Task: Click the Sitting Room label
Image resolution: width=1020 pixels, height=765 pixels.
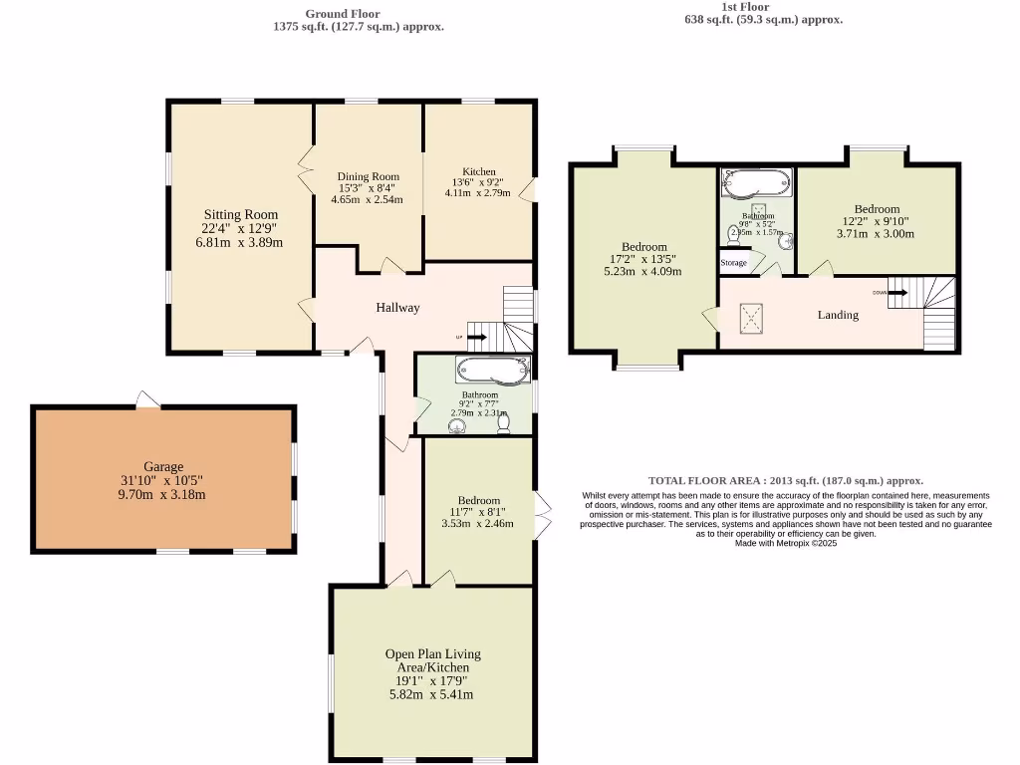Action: pyautogui.click(x=241, y=214)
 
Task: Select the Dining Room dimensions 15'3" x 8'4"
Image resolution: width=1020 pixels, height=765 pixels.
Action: pyautogui.click(x=367, y=187)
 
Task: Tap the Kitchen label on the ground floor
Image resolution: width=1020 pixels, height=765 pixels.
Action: pyautogui.click(x=478, y=171)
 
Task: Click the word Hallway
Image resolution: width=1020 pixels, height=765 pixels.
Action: pyautogui.click(x=397, y=307)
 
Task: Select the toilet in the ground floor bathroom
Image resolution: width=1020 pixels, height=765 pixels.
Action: pyautogui.click(x=504, y=422)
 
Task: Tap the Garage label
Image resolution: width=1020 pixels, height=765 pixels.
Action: pyautogui.click(x=163, y=466)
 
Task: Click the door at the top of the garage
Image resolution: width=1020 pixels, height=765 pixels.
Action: pyautogui.click(x=147, y=400)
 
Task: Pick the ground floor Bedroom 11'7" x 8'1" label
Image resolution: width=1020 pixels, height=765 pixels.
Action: pyautogui.click(x=479, y=501)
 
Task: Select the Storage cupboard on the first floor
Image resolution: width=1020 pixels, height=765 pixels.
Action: pyautogui.click(x=733, y=263)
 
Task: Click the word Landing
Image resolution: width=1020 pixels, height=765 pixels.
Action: pyautogui.click(x=838, y=315)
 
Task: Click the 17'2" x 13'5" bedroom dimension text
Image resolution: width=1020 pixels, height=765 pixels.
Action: pyautogui.click(x=643, y=259)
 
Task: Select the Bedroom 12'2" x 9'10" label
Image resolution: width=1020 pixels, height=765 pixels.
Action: pyautogui.click(x=877, y=209)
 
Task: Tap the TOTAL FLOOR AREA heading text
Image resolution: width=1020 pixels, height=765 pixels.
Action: pyautogui.click(x=785, y=480)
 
